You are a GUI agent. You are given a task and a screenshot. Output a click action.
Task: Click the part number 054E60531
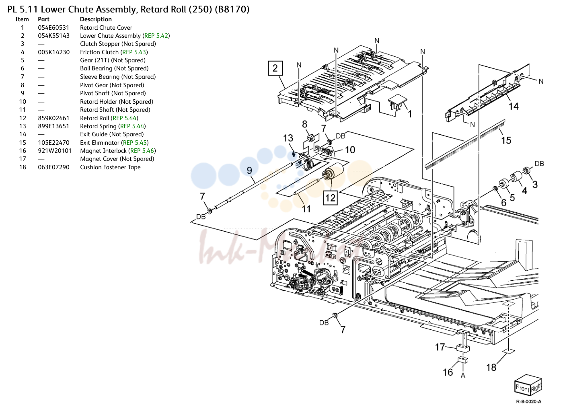pyautogui.click(x=53, y=27)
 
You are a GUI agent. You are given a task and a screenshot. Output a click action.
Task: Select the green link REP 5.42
pyautogui.click(x=156, y=35)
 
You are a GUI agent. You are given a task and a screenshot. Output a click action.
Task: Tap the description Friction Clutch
pyautogui.click(x=99, y=52)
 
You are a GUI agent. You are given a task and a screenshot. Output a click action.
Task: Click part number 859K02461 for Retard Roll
pyautogui.click(x=53, y=118)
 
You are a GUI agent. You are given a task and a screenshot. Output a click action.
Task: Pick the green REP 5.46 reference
pyautogui.click(x=142, y=151)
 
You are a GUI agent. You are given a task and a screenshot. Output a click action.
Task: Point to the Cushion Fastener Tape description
pyautogui.click(x=110, y=167)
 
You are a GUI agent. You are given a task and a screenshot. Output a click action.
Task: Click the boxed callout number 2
pyautogui.click(x=275, y=68)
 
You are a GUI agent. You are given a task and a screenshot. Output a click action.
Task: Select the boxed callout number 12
pyautogui.click(x=330, y=197)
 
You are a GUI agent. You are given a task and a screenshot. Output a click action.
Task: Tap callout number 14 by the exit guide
pyautogui.click(x=514, y=106)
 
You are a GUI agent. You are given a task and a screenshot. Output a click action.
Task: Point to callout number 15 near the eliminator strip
pyautogui.click(x=506, y=140)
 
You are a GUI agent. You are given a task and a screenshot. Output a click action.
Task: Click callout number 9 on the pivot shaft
pyautogui.click(x=249, y=170)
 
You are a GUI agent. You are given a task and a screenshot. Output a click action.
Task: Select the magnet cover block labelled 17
pyautogui.click(x=463, y=348)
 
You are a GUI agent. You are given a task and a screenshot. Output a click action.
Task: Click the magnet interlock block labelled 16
pyautogui.click(x=463, y=360)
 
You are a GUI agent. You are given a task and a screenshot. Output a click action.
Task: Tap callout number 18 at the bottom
pyautogui.click(x=491, y=367)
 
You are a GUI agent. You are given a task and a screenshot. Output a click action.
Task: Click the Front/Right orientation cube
pyautogui.click(x=528, y=386)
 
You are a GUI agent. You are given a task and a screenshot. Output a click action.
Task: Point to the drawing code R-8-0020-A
pyautogui.click(x=529, y=401)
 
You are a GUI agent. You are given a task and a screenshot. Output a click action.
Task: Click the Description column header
pyautogui.click(x=96, y=19)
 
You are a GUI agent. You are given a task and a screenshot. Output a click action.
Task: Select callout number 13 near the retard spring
pyautogui.click(x=288, y=138)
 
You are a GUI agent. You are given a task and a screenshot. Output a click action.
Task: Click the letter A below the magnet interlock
pyautogui.click(x=463, y=376)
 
